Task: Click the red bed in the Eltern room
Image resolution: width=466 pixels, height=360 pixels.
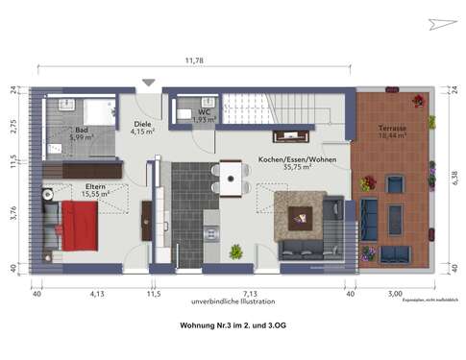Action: [81, 228]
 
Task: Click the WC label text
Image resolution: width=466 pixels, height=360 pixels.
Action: [202, 113]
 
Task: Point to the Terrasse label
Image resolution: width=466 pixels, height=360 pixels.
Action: [393, 129]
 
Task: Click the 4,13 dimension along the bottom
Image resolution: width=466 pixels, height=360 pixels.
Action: [97, 294]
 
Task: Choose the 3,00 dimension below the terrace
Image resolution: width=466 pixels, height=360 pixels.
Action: [394, 294]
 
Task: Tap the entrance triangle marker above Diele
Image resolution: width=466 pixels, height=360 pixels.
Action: [148, 84]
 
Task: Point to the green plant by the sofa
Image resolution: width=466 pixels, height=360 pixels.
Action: [235, 252]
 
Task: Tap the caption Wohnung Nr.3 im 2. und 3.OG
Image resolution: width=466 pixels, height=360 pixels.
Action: [233, 327]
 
